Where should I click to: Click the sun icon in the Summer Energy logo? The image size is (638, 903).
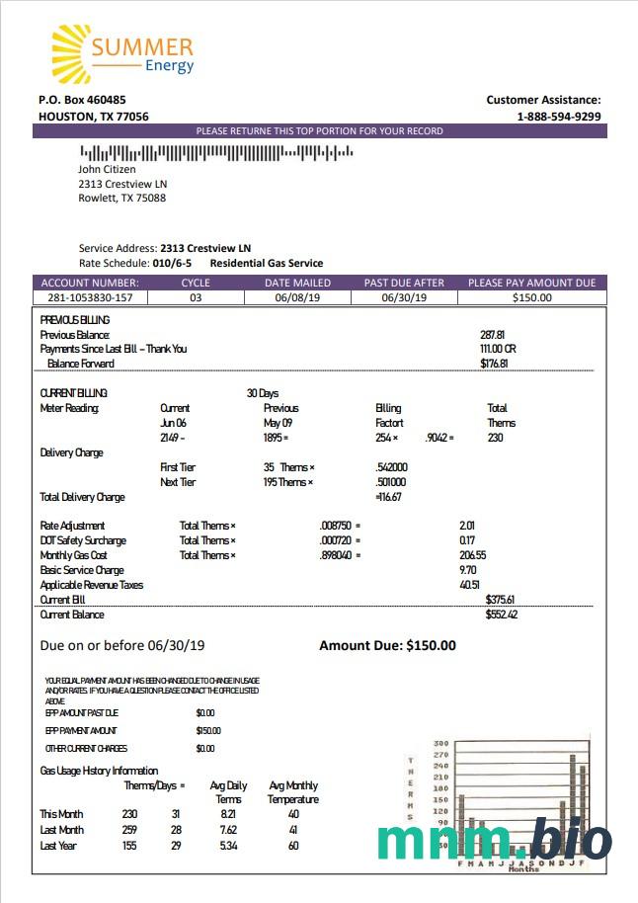coord(71,54)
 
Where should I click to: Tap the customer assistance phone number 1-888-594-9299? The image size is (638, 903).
coord(559,117)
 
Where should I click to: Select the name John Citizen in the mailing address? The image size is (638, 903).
coord(107,169)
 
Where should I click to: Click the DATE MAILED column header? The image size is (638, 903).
coord(297,283)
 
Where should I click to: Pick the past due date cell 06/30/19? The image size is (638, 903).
coord(404,297)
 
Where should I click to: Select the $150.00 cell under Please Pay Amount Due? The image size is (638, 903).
coord(532,297)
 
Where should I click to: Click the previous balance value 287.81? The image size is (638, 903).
coord(492,335)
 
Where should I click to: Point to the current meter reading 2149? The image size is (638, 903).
coord(170,438)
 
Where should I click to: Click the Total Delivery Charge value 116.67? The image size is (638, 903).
coord(389,497)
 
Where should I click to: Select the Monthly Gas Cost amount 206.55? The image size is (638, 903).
coord(474,555)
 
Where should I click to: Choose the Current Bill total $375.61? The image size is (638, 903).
coord(501,600)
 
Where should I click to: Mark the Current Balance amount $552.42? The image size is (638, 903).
coord(501,615)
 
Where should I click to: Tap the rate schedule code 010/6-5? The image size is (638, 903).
coord(172,264)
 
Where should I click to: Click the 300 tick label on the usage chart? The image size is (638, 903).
coord(440,744)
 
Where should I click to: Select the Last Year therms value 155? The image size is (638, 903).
coord(129,846)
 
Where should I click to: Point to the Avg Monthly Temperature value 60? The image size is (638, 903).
coord(293,846)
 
